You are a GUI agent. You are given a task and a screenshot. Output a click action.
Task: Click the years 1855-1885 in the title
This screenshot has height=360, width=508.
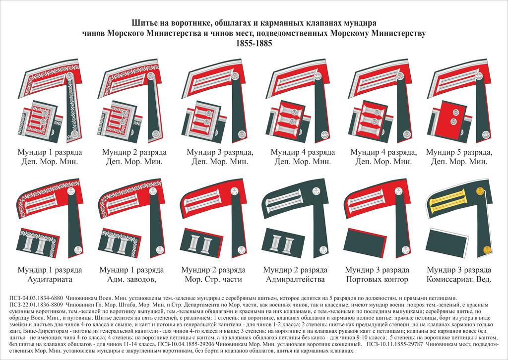click(x=254, y=43)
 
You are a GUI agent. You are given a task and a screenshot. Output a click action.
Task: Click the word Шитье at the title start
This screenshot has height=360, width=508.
click(x=144, y=23)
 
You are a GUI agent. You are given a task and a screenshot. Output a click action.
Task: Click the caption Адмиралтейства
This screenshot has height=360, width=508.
click(x=295, y=279)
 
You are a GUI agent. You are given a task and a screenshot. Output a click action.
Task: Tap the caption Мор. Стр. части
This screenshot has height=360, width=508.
click(x=213, y=279)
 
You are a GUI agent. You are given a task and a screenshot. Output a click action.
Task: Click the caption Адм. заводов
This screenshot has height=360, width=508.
click(x=131, y=279)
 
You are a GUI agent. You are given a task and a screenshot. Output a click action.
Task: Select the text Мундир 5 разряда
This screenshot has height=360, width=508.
click(x=458, y=152)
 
